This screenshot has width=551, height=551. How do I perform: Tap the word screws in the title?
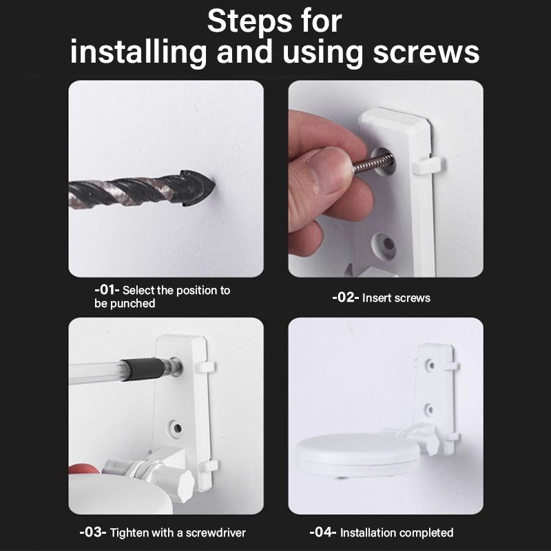pos(426,52)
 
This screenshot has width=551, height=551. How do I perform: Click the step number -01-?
pos(107,290)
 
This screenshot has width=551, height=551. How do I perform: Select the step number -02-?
pos(345,298)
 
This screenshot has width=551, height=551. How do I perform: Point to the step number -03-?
pos(93,532)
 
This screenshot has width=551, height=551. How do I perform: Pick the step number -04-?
pos(322,532)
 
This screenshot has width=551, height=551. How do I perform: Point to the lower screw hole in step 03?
pos(178,428)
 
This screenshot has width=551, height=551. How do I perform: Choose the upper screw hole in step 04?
pos(430,365)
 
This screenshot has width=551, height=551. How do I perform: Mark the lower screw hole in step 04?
pos(430,409)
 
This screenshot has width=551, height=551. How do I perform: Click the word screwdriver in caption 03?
pos(216,532)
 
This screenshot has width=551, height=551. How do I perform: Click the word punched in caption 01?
pos(133,304)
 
